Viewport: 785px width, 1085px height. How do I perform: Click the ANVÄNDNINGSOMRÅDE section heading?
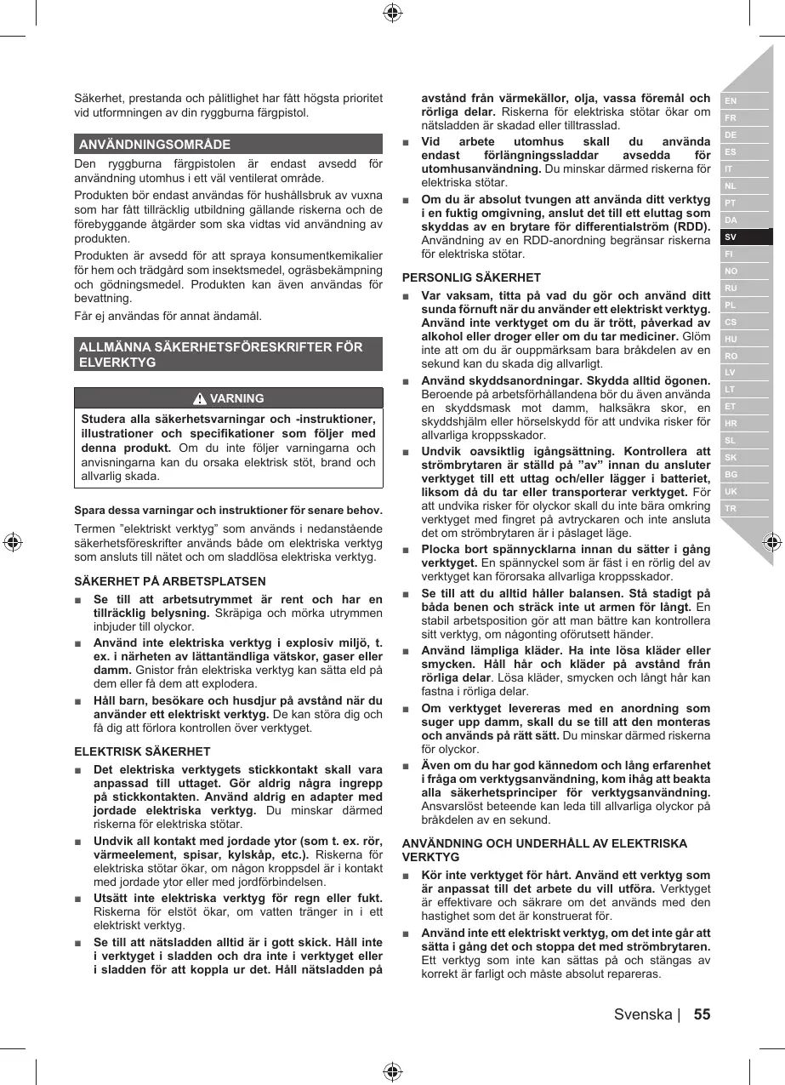coord(155,144)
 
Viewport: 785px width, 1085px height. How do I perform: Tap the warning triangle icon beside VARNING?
coord(200,398)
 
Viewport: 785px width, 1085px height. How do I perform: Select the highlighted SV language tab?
coord(731,237)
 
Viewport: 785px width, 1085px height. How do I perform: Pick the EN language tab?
coord(731,101)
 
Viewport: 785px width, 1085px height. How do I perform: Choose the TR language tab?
coord(731,509)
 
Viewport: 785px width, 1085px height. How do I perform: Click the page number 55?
coord(702,1014)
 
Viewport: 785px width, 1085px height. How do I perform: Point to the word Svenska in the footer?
coord(643,1014)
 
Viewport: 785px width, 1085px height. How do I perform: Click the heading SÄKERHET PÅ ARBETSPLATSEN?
coord(170,582)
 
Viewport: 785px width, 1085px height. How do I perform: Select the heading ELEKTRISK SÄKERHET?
coord(143,751)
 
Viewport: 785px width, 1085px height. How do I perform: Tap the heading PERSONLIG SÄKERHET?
coord(471,277)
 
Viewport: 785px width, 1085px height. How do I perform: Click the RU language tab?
coord(731,288)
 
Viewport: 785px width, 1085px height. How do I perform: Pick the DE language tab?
coord(731,135)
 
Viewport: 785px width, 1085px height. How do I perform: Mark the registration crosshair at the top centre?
coord(392,12)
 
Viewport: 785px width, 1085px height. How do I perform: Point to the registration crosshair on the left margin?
coord(12,542)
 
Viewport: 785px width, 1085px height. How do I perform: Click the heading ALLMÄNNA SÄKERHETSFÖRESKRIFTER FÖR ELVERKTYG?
coord(221,354)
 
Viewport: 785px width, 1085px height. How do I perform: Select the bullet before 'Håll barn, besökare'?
coord(78,700)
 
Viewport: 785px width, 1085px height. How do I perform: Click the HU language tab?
coord(731,339)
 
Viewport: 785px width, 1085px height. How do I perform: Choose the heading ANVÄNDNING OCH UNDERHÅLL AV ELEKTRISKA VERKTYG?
coord(544,850)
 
